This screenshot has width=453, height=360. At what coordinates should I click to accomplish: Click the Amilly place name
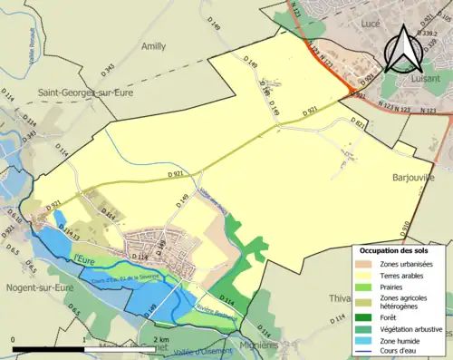pyautogui.click(x=154, y=44)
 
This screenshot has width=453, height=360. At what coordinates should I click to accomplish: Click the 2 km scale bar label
pyautogui.click(x=159, y=338)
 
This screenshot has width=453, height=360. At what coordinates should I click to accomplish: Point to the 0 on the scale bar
pyautogui.click(x=14, y=338)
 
